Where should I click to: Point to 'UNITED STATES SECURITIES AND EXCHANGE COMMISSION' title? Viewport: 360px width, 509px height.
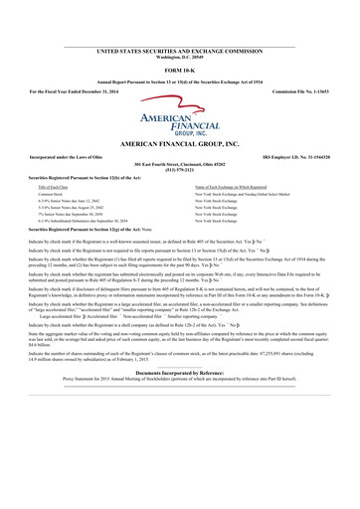[x=179, y=49]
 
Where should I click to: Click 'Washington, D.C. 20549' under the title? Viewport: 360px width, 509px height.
[x=179, y=55]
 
